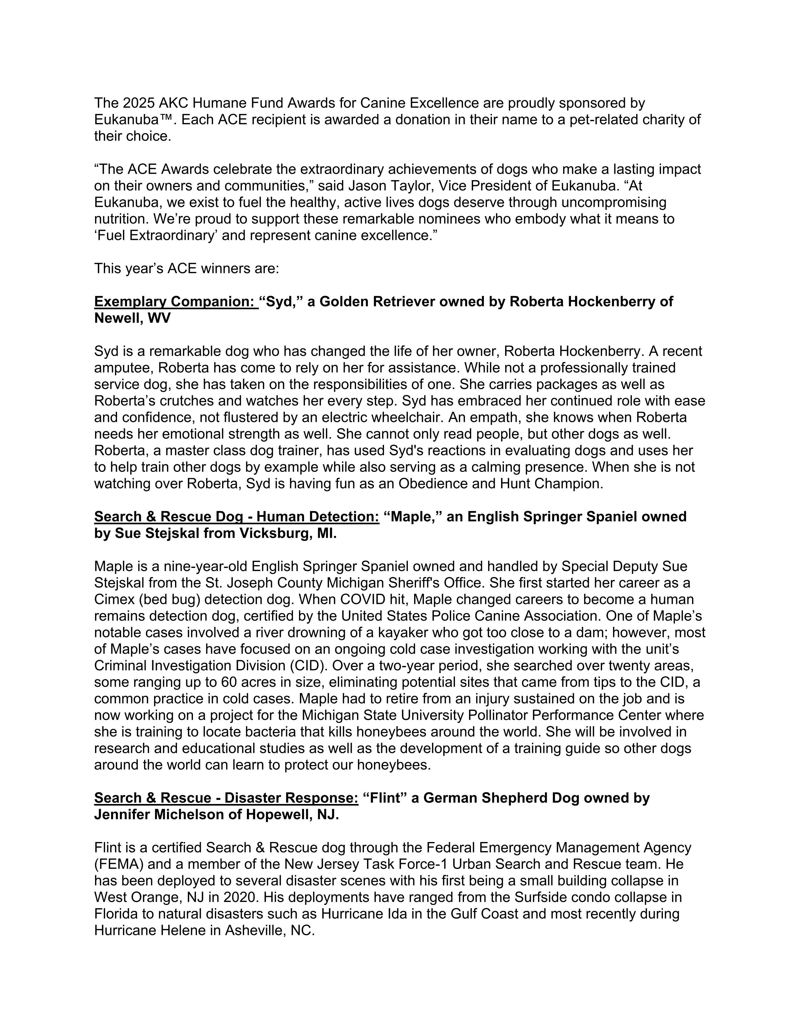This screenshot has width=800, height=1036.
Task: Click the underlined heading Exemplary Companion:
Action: [176, 302]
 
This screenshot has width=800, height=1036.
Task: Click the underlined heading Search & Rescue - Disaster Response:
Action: [226, 798]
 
